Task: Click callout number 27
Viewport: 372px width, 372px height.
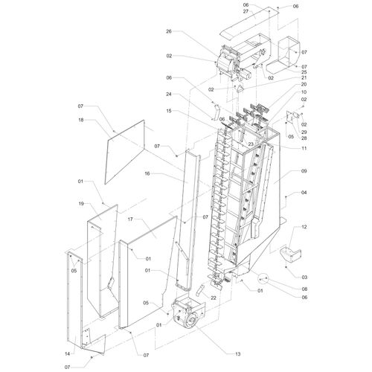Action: (246, 11)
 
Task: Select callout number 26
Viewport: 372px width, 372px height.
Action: (169, 31)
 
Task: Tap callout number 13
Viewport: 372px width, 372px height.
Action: (237, 354)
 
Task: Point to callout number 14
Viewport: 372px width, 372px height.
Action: (67, 354)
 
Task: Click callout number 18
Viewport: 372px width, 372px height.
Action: (81, 120)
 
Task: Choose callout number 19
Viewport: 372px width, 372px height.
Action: (81, 204)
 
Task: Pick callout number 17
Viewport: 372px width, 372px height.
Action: (130, 219)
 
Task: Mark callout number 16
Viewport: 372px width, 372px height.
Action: (147, 173)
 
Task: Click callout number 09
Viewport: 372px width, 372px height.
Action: (304, 171)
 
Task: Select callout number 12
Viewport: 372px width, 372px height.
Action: (304, 227)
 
